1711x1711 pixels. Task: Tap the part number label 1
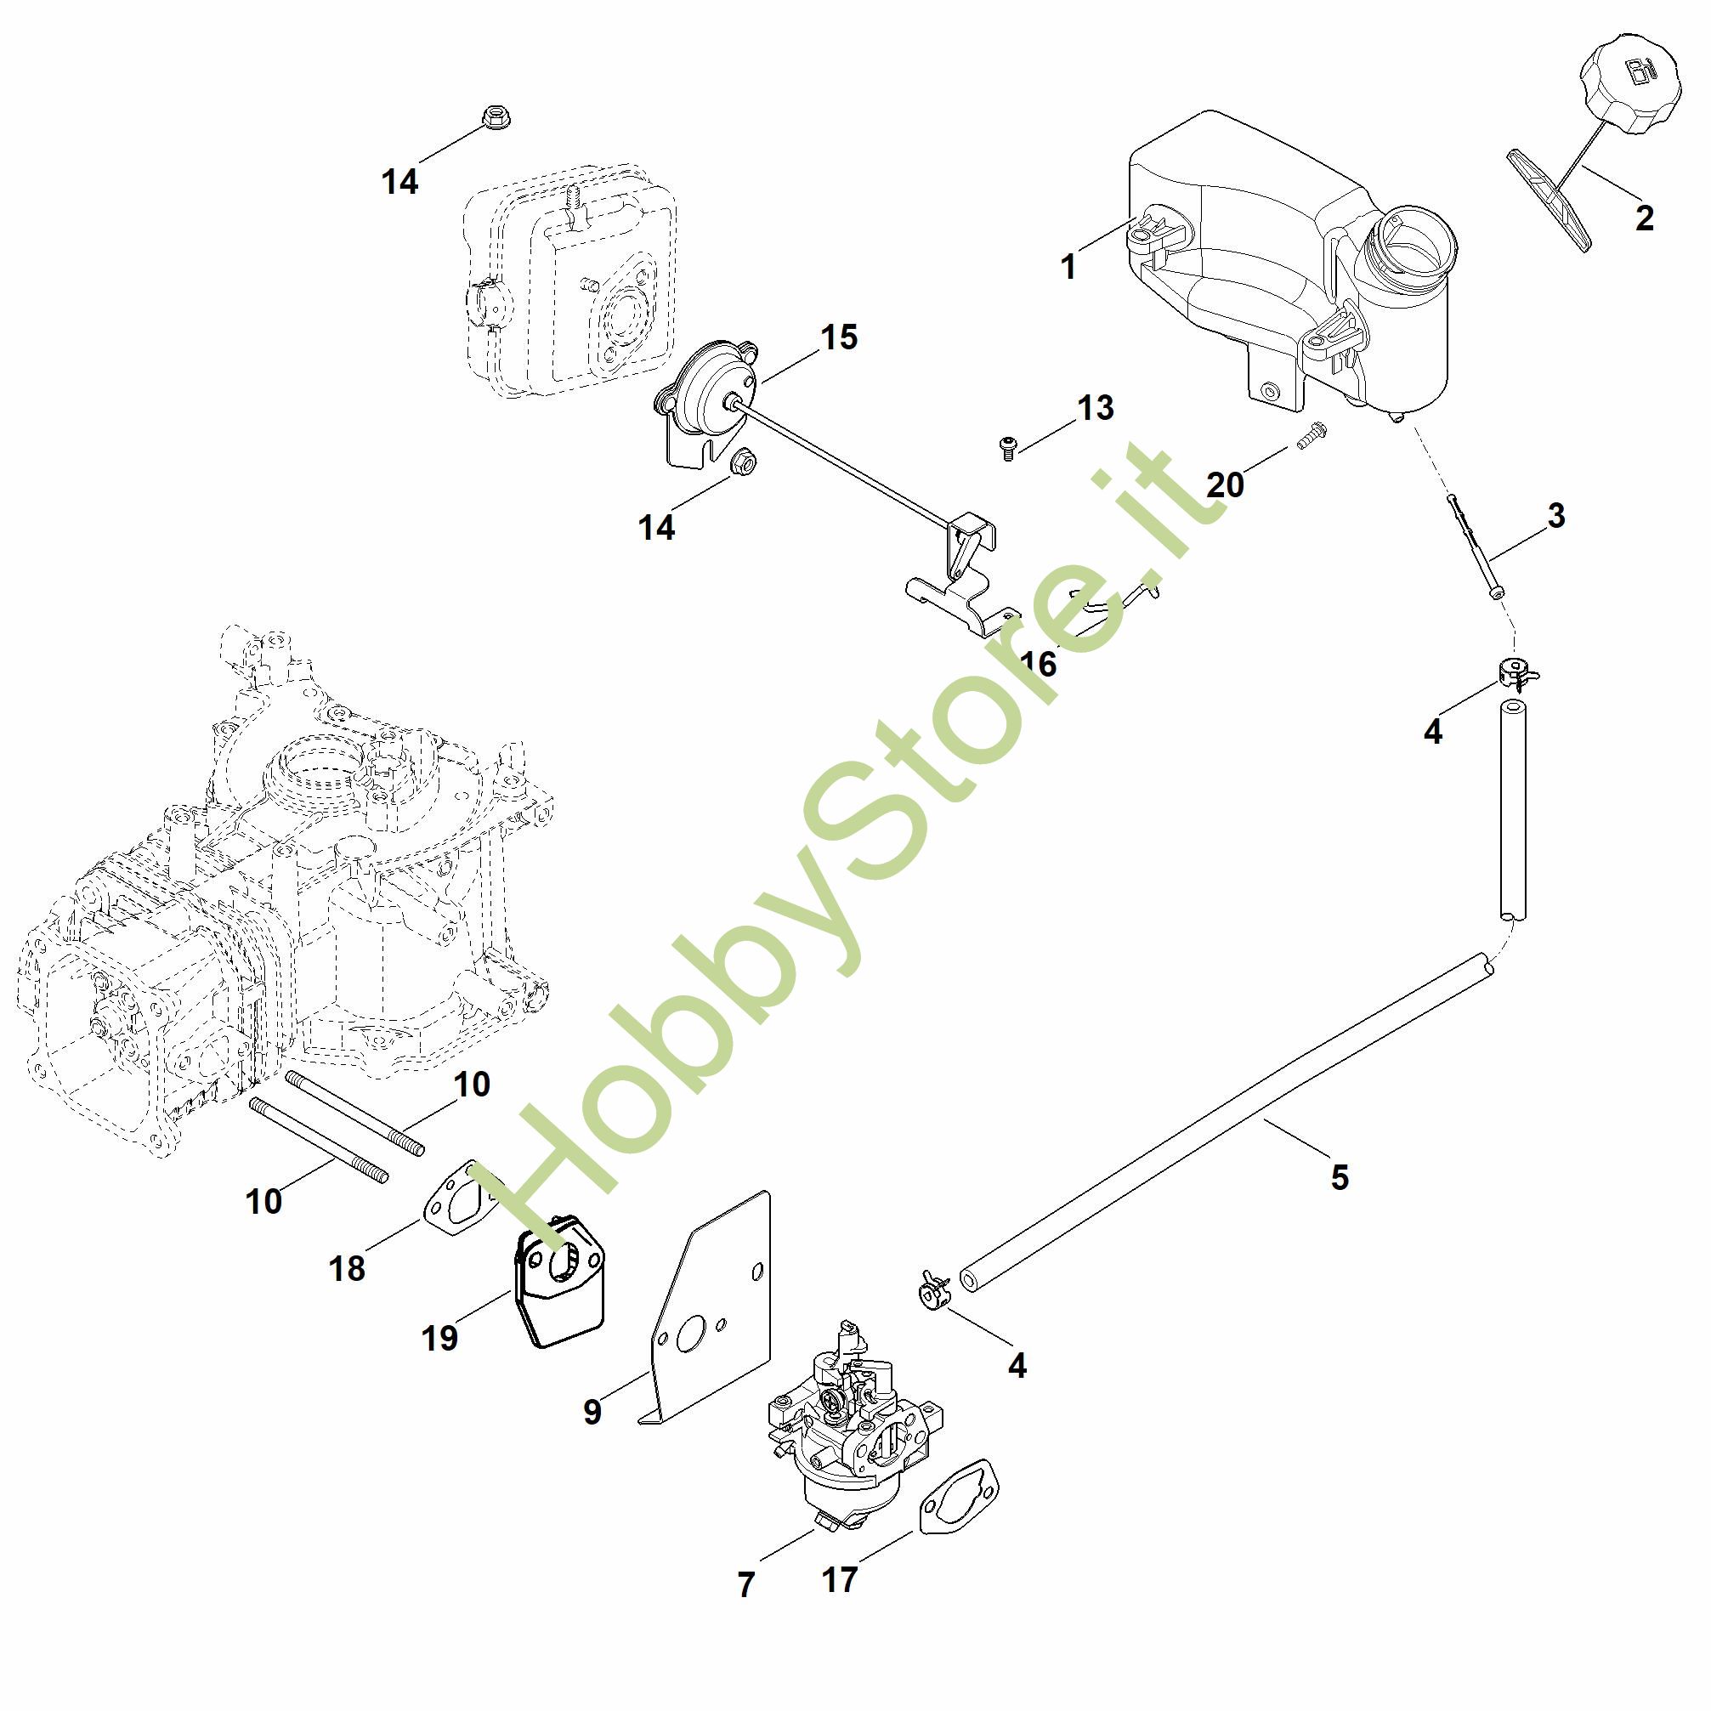point(1068,267)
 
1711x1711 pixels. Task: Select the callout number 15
point(839,337)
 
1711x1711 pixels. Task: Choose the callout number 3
point(1556,515)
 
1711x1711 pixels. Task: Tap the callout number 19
point(439,1337)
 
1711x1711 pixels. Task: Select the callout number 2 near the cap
point(1644,218)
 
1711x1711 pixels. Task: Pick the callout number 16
point(1038,663)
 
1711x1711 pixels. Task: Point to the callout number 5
point(1339,1177)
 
